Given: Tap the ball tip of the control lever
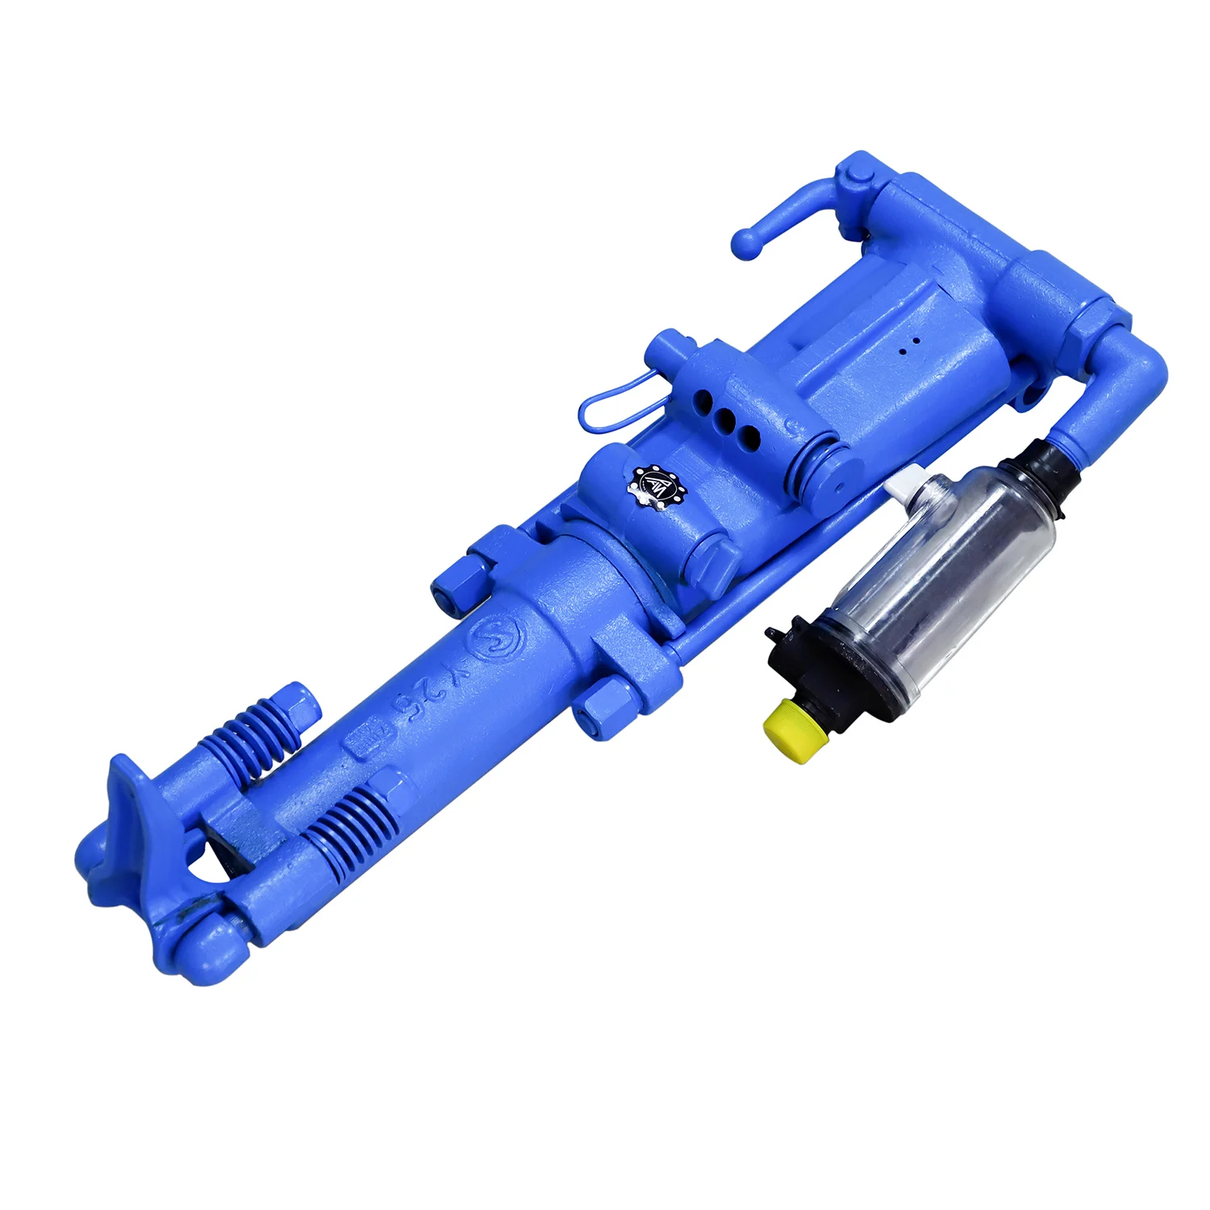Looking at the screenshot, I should (747, 244).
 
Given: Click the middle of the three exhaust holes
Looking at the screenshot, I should (728, 420).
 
